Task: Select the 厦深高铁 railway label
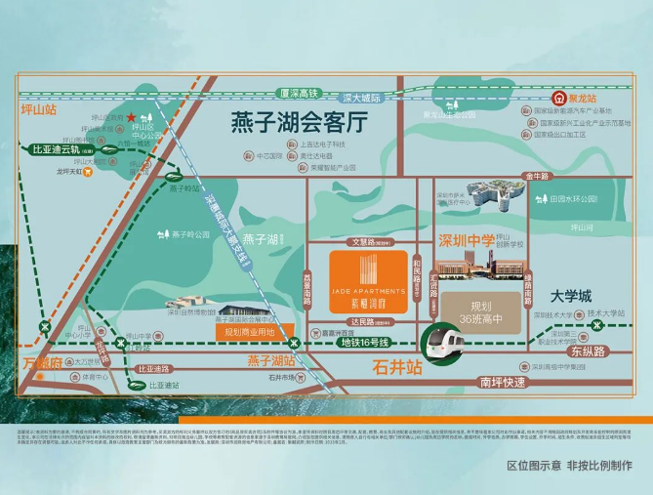(x=298, y=93)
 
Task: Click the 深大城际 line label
(x=361, y=98)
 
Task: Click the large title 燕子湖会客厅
(x=297, y=124)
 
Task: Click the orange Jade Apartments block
(x=367, y=281)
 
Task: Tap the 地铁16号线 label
(x=363, y=343)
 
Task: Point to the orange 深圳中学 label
(x=467, y=241)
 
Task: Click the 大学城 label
(x=571, y=295)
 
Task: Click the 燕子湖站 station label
(x=271, y=361)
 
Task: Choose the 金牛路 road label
(x=538, y=176)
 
